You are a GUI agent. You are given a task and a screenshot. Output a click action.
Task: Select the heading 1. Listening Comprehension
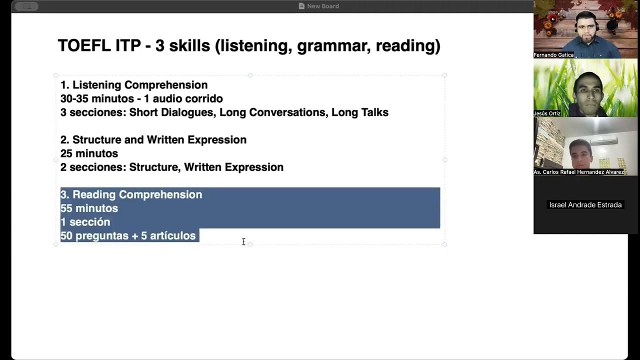tap(134, 85)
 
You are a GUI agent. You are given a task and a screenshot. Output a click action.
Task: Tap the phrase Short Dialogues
tap(171, 112)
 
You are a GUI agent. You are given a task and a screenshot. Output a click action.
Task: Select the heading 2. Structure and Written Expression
tap(153, 140)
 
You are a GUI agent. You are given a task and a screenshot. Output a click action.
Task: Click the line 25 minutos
tap(89, 153)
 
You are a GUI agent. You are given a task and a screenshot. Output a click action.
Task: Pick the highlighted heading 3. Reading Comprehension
tap(131, 194)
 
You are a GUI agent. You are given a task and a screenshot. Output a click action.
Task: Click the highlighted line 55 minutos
tap(89, 208)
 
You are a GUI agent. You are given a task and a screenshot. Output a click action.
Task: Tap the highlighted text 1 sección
tap(85, 222)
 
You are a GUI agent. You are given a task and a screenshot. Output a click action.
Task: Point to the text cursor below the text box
tap(243, 242)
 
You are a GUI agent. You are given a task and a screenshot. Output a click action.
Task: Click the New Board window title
tap(322, 6)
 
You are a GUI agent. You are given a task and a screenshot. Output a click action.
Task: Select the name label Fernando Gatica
tap(553, 55)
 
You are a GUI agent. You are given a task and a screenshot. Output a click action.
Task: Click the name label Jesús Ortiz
tap(547, 113)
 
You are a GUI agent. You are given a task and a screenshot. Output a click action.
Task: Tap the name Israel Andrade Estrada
tap(585, 205)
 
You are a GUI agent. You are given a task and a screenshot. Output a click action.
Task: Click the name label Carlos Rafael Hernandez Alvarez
tap(578, 172)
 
